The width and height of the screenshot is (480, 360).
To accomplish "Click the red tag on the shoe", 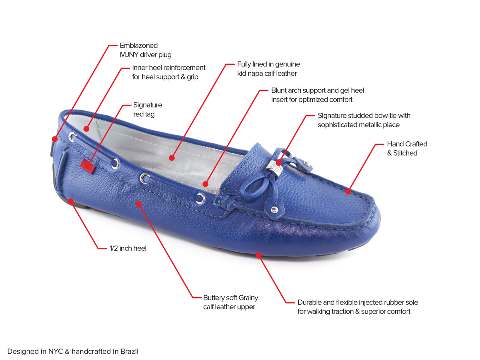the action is [x=88, y=166].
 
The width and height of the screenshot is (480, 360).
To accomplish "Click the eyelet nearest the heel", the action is [x=72, y=136].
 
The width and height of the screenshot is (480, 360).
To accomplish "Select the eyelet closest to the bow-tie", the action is [x=200, y=198].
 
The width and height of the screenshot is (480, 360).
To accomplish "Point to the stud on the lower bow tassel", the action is [x=273, y=210].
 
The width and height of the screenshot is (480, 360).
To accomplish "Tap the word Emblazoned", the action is [x=139, y=46].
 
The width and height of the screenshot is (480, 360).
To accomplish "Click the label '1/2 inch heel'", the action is [x=128, y=248].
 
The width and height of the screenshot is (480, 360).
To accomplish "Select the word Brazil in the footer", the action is [x=130, y=351].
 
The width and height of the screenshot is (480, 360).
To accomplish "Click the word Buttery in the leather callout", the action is [x=214, y=298].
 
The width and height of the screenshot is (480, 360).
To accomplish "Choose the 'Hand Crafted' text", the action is [x=407, y=144].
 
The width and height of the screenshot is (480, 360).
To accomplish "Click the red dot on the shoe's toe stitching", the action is [x=348, y=192].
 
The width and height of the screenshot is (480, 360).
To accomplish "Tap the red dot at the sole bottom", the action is [x=259, y=255].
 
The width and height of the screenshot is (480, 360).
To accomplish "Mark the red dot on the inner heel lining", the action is [x=86, y=128].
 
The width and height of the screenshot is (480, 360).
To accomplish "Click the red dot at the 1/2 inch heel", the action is [x=71, y=201].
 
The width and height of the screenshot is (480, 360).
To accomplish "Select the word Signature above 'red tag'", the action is [x=148, y=105].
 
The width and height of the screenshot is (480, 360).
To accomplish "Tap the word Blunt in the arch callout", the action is [x=278, y=90].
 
